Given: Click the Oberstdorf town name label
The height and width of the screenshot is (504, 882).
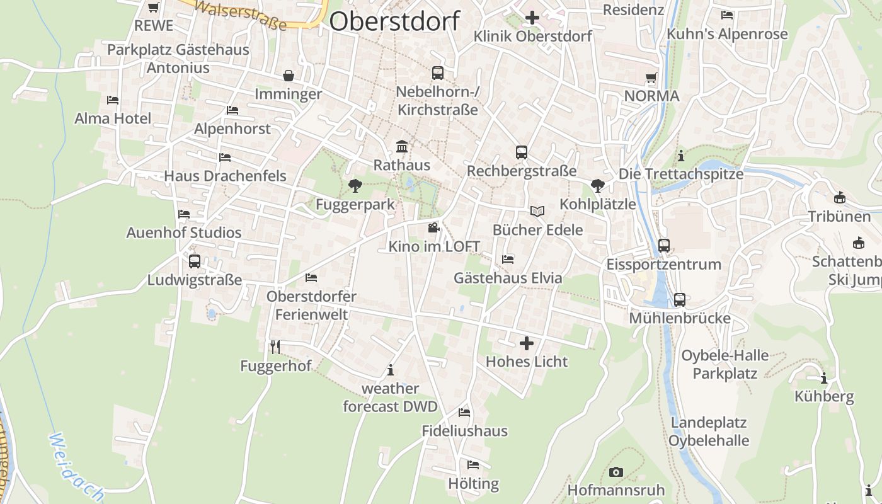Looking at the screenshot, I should pos(394,21).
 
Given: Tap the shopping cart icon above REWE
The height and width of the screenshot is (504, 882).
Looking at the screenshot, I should pos(153,8).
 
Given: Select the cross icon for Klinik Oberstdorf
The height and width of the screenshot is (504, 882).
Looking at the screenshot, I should pos(532,18).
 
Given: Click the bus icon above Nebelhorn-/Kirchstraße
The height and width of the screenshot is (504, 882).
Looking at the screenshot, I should pos(438,73).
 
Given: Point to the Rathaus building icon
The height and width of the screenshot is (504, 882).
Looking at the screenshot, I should pos(401,147).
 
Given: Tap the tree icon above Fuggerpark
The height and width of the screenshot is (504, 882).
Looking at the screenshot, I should pos(355,186).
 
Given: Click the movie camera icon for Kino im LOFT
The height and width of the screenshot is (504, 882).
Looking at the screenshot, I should pos(433,227).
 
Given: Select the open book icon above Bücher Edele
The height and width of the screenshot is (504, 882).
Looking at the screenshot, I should pos(537,211).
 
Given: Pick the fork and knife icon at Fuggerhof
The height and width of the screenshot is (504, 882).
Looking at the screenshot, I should pos(275,347).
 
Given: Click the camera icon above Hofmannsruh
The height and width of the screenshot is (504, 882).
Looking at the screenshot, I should pos(616,472).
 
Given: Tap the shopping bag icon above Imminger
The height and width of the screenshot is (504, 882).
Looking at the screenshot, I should pos(289,76).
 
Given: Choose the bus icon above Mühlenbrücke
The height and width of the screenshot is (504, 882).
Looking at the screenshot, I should pos(679,299).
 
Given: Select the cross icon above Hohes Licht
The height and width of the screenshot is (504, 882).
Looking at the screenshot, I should pos(527,343).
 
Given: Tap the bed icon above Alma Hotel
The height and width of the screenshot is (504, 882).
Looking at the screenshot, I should pos(113,100).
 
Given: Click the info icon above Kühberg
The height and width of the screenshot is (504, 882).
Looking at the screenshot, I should pos(824,379).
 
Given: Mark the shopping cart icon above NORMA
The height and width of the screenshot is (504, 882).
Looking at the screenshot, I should pos(651,78).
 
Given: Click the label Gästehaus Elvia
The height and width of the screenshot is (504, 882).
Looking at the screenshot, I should pos(508,278).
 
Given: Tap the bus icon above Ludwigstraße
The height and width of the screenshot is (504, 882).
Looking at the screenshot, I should pos(195,261).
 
